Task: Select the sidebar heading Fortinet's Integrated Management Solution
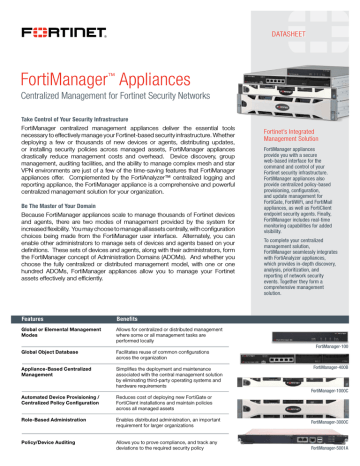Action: click(x=290, y=163)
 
